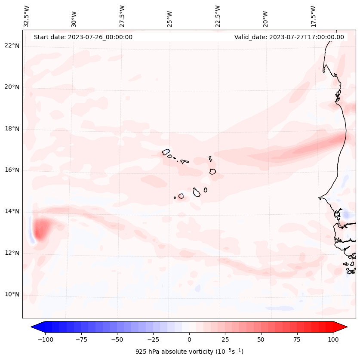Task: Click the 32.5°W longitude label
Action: point(27,16)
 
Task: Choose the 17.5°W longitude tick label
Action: point(313,16)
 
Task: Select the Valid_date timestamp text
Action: point(289,37)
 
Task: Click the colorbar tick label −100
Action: point(46,339)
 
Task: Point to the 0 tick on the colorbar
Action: point(189,339)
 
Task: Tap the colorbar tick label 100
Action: point(333,339)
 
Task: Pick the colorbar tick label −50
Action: point(117,339)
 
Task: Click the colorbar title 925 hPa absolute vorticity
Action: point(189,352)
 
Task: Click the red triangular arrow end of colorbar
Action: point(341,327)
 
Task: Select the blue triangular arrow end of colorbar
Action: point(37,327)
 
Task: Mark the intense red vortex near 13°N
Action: point(41,229)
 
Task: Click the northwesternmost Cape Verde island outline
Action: point(166,152)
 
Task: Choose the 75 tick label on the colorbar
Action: point(297,339)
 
